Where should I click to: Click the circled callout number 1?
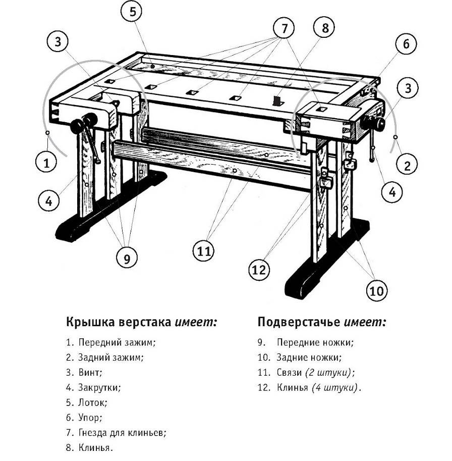point(46,163)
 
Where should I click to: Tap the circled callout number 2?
point(408,164)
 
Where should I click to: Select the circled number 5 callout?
point(132,12)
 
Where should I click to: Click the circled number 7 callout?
point(285,29)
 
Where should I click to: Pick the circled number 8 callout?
point(325,28)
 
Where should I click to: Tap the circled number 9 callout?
point(127,258)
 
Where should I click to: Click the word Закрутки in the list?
point(99,388)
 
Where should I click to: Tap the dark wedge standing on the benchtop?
point(276,100)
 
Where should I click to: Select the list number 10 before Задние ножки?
point(263,357)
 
